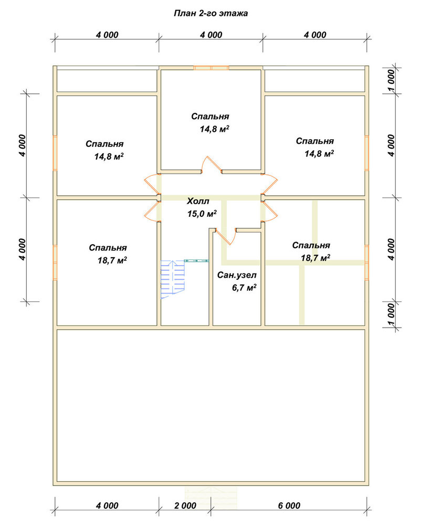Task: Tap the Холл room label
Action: tap(198, 201)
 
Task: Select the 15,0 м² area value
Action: tap(202, 213)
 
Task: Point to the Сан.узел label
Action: tap(237, 275)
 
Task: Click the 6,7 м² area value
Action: tap(244, 288)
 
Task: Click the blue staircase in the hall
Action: tap(173, 279)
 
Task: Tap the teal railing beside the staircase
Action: tap(196, 260)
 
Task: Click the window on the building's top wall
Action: tap(211, 68)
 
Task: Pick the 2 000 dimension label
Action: tap(185, 506)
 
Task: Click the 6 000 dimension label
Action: tap(289, 506)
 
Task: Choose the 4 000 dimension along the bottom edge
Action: tap(107, 506)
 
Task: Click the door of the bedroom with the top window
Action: tap(212, 164)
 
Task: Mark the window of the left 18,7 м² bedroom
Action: tap(55, 263)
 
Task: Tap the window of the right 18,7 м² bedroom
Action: tap(367, 263)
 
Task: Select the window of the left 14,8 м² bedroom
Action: tap(55, 153)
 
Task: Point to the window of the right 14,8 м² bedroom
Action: tap(367, 153)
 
